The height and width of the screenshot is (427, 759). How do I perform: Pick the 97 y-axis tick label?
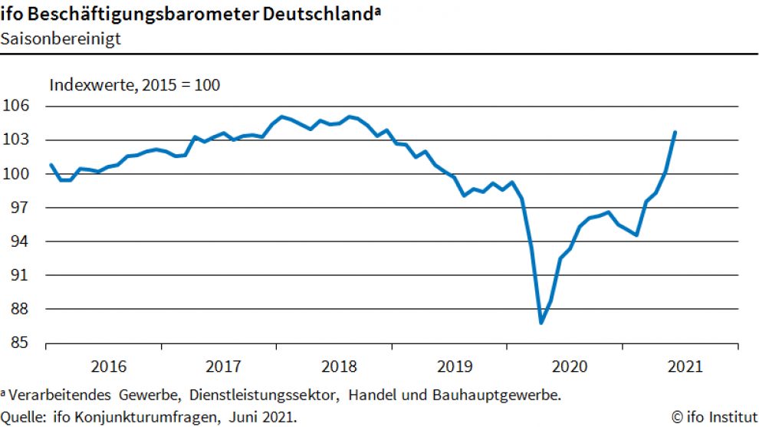[x=21, y=208]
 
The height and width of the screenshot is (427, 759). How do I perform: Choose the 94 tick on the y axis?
[x=21, y=241]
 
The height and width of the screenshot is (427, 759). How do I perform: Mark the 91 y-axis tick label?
[x=21, y=275]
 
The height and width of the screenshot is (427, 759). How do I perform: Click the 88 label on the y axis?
[x=21, y=310]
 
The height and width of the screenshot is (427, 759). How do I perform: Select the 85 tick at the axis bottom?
[x=21, y=343]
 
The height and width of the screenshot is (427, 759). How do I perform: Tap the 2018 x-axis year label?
[x=337, y=366]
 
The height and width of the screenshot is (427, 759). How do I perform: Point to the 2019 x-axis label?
[x=452, y=366]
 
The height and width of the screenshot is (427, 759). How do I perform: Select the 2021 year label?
[x=684, y=366]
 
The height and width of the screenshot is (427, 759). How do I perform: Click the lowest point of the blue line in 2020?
[x=541, y=323]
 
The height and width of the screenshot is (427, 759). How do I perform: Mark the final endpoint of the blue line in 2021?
[x=675, y=132]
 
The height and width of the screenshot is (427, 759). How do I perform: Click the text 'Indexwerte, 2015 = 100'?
[x=135, y=85]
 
